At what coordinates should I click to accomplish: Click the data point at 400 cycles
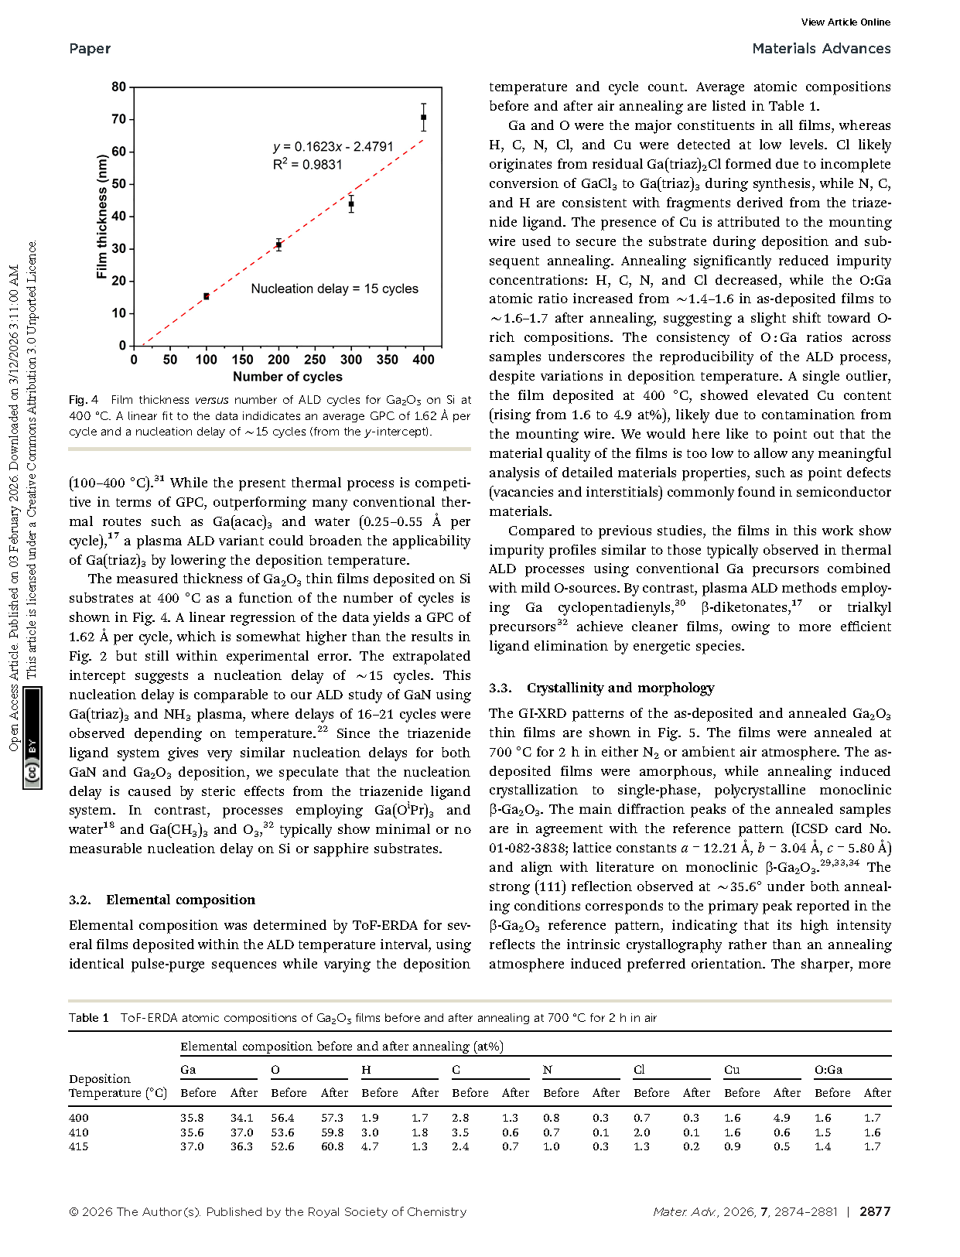pos(423,118)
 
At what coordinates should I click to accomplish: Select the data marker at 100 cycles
pos(207,296)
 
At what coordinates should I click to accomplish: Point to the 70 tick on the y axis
pos(118,119)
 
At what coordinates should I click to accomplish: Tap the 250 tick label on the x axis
pos(315,360)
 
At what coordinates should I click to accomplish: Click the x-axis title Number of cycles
pos(288,377)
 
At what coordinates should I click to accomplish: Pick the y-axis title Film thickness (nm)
pos(101,217)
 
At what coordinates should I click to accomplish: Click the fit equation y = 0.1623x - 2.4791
pos(333,147)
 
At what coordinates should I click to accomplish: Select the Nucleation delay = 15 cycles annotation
pos(334,289)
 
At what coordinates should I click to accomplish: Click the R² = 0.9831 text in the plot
pos(307,164)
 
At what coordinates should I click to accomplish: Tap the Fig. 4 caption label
pos(84,400)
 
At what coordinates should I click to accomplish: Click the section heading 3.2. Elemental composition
pos(162,900)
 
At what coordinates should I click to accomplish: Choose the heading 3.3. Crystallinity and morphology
pos(601,688)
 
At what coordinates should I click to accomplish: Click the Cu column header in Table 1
pos(732,1070)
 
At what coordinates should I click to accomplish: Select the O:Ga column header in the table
pos(828,1070)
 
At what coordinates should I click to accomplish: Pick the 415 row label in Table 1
pos(79,1146)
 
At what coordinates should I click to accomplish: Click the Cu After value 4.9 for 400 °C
pos(782,1118)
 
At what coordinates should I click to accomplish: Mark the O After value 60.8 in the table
pos(333,1146)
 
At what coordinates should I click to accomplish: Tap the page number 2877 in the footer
pos(875,1212)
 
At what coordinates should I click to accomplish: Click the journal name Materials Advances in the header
pos(821,49)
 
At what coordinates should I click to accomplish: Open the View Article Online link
pos(846,22)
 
